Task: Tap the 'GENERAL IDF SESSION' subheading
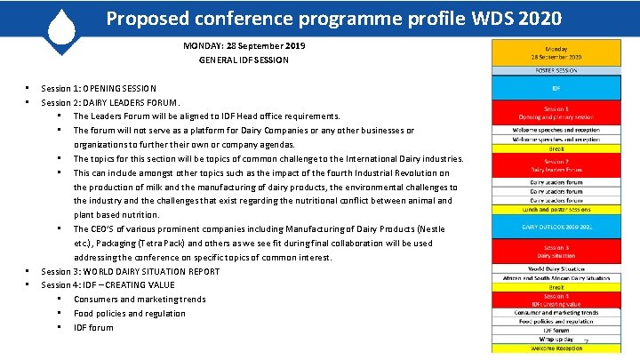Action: tap(244, 60)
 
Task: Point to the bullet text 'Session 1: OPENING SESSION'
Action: tap(99, 88)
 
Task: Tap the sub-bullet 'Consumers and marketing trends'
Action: tap(140, 300)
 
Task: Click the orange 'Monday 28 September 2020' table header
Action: tap(556, 53)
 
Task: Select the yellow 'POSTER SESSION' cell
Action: tap(556, 70)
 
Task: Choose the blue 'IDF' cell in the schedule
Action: tap(556, 88)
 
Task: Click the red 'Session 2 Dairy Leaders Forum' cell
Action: tap(556, 165)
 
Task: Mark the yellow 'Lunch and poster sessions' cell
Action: tap(556, 210)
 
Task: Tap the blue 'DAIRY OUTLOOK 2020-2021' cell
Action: tap(556, 227)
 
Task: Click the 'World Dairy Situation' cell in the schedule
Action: tap(556, 268)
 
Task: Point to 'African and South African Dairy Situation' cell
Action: tap(556, 278)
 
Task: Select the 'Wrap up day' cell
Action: tap(556, 339)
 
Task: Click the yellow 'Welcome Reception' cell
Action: tap(556, 348)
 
